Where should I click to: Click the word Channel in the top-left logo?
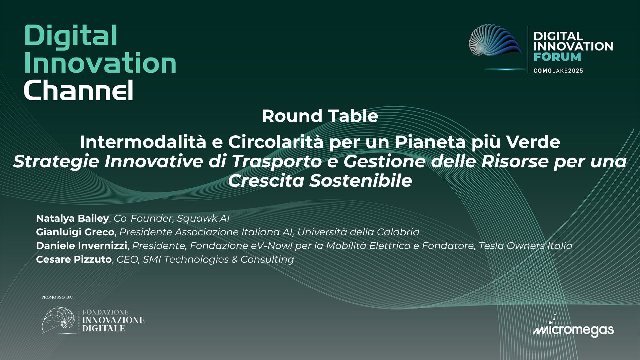(x=79, y=90)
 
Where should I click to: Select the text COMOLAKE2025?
(x=558, y=71)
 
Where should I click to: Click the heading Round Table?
(x=320, y=116)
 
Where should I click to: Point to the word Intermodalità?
(x=143, y=142)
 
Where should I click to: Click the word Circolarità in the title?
(x=276, y=142)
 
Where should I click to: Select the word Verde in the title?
(x=533, y=142)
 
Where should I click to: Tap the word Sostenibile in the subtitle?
(x=361, y=181)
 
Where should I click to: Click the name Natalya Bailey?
(x=72, y=218)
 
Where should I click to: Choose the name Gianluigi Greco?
(x=75, y=232)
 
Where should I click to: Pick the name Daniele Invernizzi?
(x=81, y=246)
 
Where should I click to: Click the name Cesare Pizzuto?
(x=74, y=259)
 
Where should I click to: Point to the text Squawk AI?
(x=203, y=218)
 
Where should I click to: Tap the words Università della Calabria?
(x=358, y=232)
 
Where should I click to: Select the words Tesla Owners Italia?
(x=525, y=246)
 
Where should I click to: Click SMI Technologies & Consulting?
(x=218, y=259)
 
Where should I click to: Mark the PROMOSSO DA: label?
(x=57, y=297)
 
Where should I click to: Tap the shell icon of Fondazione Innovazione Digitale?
(x=59, y=320)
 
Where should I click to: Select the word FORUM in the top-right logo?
(x=557, y=57)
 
